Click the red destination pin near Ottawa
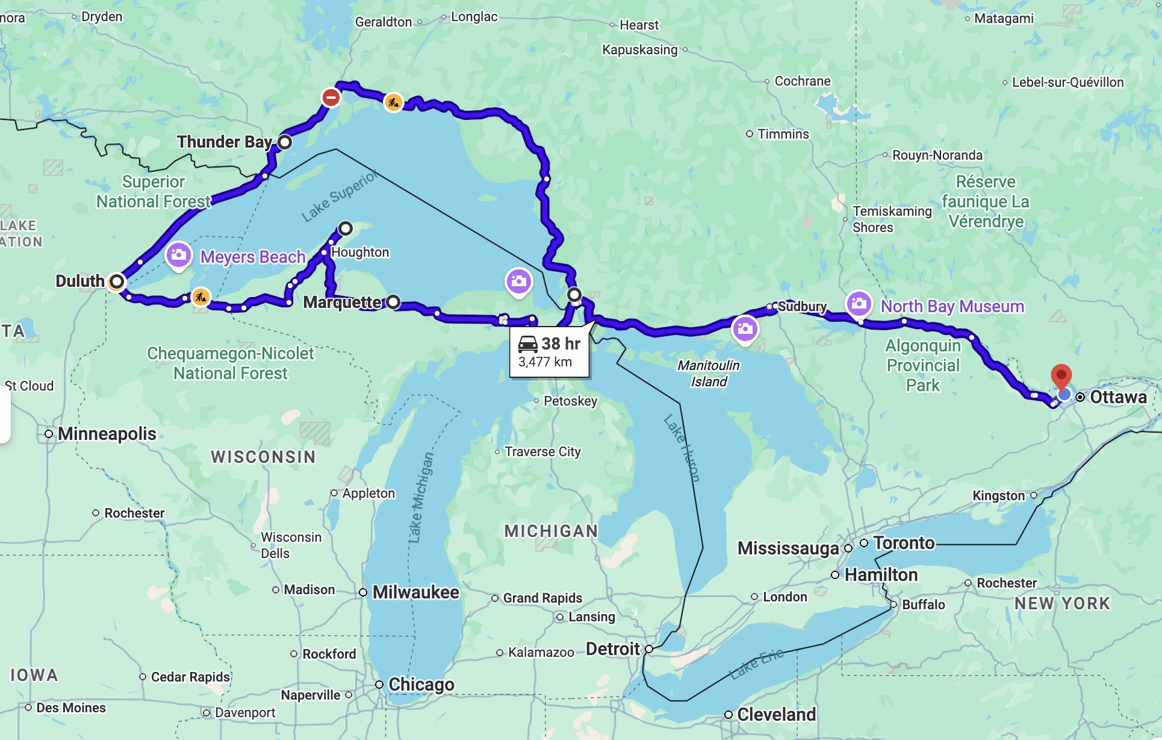pos(1061,377)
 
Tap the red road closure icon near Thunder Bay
pos(331,97)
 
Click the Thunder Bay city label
pos(225,142)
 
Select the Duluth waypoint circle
pos(117,281)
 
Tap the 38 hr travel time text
pos(560,343)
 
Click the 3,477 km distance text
pos(545,362)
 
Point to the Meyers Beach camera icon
pos(178,255)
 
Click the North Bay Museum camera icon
pos(859,303)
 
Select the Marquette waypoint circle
pos(393,302)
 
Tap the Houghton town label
pos(360,252)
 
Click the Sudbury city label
pos(802,307)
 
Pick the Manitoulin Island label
pos(709,373)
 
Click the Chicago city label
pos(421,685)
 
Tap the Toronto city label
pos(904,543)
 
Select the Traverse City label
pos(542,452)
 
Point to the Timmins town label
pos(783,134)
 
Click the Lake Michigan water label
pos(420,498)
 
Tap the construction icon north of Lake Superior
pos(393,102)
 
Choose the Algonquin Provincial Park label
pos(922,365)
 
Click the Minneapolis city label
pos(107,434)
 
